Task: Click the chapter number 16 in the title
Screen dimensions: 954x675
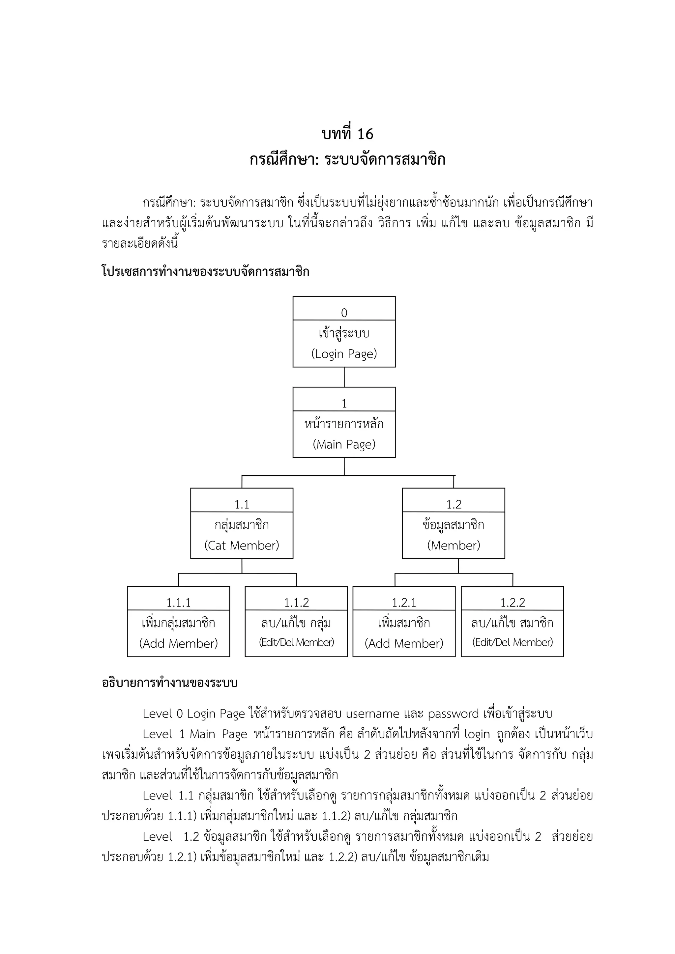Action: pos(365,134)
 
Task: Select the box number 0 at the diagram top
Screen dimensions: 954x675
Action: pos(344,313)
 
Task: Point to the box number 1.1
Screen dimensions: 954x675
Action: pos(242,504)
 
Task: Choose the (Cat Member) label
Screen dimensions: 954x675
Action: pos(242,545)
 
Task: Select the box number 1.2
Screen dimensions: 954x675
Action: pos(454,504)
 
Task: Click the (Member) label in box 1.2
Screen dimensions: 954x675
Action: pos(454,545)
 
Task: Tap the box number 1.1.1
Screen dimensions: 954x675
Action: pos(178,603)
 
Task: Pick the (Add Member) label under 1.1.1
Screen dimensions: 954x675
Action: pos(178,643)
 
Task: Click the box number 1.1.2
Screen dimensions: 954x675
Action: pos(296,603)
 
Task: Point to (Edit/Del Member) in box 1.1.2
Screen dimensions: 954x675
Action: pos(296,642)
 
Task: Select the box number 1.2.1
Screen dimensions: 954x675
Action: pos(404,603)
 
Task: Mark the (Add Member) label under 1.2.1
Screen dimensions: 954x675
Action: pos(404,643)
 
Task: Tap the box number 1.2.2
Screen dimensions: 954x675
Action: pos(513,603)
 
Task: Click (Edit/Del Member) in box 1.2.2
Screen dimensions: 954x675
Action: pos(513,642)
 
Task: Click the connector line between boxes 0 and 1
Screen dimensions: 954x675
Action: pos(344,377)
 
